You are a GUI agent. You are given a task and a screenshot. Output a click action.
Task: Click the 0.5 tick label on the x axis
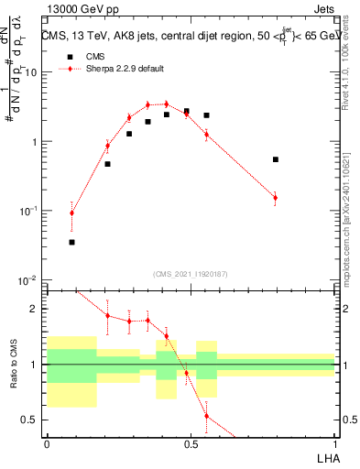tap(191, 445)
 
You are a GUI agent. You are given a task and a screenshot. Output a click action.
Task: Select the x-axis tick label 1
tap(334, 445)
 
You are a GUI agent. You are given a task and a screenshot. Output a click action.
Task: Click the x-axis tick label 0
tap(47, 445)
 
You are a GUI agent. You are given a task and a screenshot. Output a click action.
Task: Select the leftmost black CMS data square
tap(72, 242)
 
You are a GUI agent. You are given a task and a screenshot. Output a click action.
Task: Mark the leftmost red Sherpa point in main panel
tap(72, 213)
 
